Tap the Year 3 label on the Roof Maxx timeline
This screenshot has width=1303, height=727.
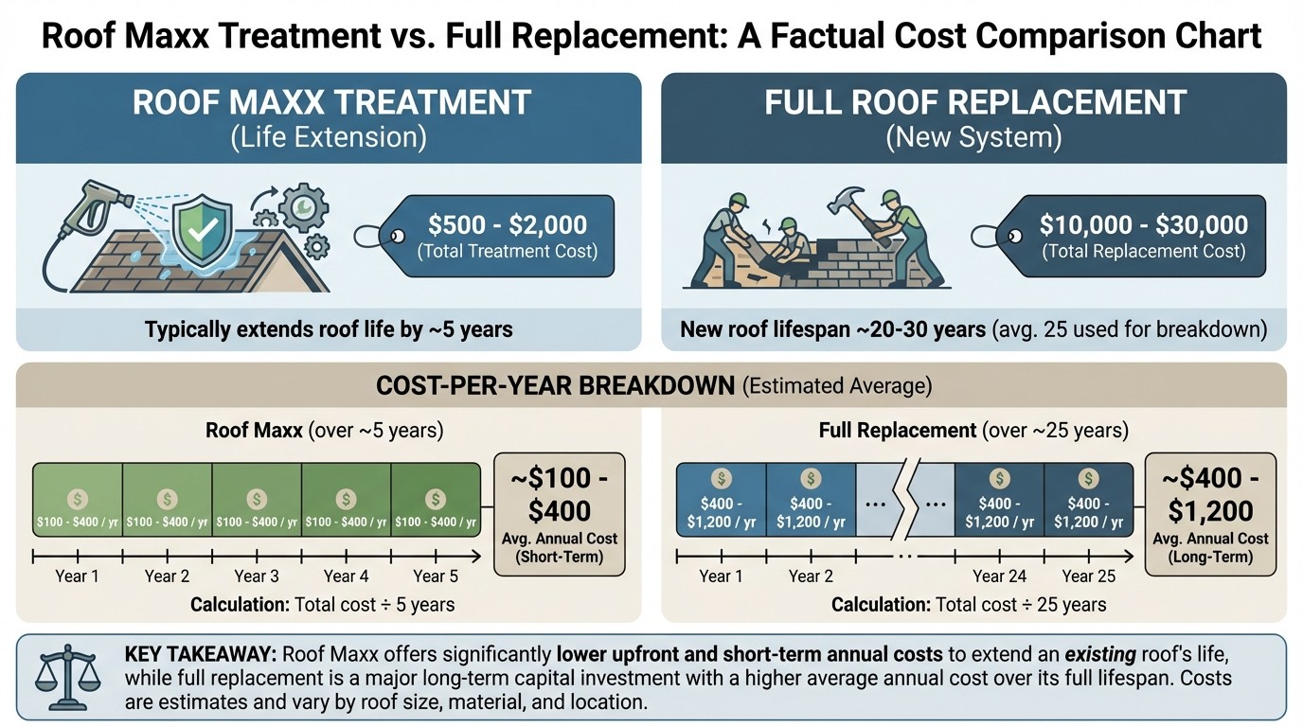tap(256, 576)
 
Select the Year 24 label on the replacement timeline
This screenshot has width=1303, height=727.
tap(1000, 576)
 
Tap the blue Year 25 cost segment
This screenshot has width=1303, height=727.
tap(1089, 500)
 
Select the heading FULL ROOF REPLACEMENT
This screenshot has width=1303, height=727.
tap(974, 102)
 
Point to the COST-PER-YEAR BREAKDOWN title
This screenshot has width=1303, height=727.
tap(555, 385)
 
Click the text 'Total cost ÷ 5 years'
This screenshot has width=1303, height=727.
tap(375, 605)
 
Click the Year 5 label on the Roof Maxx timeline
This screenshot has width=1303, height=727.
tap(435, 576)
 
